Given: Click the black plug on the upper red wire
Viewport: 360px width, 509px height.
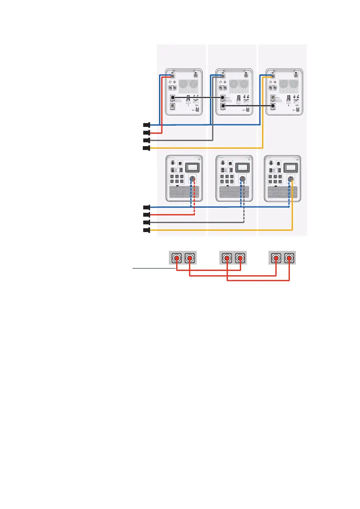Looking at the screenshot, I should coord(146,132).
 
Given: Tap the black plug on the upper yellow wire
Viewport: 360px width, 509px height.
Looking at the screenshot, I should coord(146,148).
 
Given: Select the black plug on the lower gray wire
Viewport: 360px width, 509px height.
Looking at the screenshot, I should coord(146,223).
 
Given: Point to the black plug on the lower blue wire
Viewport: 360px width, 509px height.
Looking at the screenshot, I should coord(146,207).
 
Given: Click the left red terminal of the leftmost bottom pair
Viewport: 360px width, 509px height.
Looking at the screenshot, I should coord(177,258).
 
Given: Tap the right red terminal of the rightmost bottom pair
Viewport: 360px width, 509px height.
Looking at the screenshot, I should coord(290,258).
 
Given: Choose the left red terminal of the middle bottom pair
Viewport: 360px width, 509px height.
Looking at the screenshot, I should coord(227,258).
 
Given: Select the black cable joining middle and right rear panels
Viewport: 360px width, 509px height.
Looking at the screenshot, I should coord(248,105).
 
